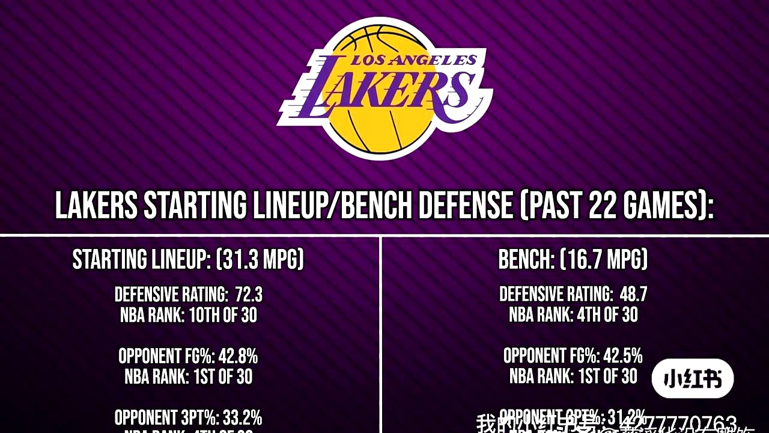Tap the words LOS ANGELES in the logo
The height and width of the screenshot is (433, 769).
click(413, 60)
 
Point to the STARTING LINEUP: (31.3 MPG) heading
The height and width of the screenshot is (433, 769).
click(188, 260)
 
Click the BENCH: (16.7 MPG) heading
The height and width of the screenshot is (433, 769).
click(573, 260)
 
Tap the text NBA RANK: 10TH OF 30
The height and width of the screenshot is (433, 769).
click(189, 315)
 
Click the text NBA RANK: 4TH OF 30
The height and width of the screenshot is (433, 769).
click(573, 315)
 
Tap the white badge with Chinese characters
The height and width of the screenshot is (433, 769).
click(693, 379)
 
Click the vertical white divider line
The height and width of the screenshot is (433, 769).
click(381, 331)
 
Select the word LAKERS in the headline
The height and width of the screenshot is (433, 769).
click(96, 206)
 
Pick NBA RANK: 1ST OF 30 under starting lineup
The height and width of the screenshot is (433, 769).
click(189, 377)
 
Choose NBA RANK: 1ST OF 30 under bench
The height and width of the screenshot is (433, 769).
click(573, 377)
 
